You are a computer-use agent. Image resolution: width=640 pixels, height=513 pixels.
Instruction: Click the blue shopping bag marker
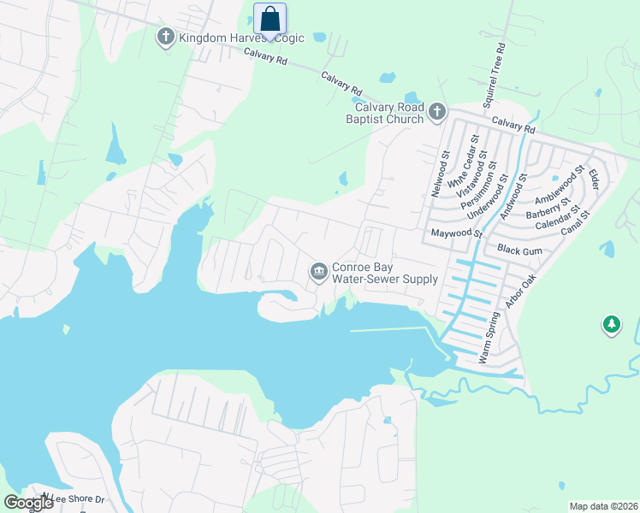(x=270, y=20)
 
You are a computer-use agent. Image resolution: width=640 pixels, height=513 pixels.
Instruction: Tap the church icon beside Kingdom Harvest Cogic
(x=165, y=37)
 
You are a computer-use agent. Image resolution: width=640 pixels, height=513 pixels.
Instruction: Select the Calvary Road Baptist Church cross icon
(x=437, y=110)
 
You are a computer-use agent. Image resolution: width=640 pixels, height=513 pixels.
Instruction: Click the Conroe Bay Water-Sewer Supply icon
(x=318, y=271)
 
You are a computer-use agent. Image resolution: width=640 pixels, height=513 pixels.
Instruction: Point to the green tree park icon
(x=611, y=325)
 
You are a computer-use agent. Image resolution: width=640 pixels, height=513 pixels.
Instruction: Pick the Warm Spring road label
(x=489, y=338)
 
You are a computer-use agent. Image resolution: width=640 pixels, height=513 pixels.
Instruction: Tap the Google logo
(x=28, y=503)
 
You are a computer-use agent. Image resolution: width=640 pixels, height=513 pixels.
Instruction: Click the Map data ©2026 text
(x=602, y=506)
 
